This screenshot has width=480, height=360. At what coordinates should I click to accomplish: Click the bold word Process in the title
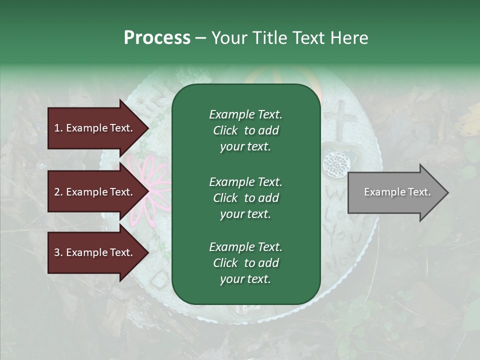click(x=157, y=38)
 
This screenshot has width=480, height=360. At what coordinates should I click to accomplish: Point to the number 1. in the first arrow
click(x=58, y=128)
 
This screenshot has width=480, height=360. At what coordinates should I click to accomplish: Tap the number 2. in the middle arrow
click(x=58, y=192)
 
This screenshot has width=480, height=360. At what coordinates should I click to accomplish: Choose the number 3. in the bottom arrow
click(x=58, y=252)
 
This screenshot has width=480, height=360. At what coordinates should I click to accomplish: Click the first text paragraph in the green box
click(x=245, y=130)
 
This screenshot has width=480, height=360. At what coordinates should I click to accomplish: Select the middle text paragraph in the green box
click(x=245, y=198)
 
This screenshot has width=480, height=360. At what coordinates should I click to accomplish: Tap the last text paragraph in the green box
click(x=245, y=263)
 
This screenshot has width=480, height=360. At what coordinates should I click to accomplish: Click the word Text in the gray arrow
click(x=419, y=192)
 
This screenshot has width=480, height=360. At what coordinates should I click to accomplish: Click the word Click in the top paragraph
click(x=225, y=130)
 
